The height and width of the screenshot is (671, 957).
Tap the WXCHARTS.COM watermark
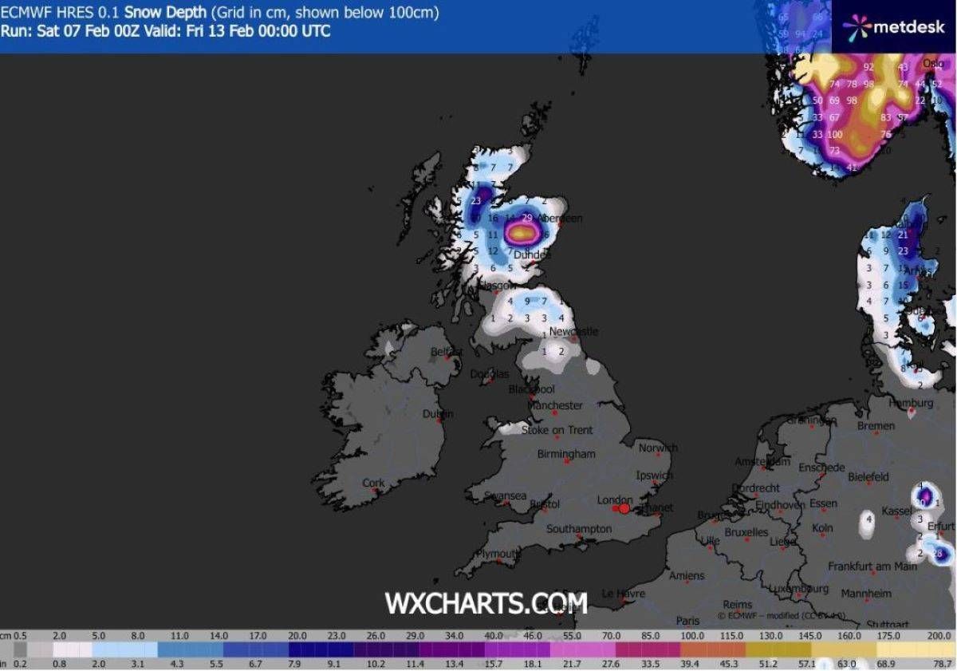click(x=486, y=602)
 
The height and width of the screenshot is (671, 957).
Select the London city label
click(x=615, y=500)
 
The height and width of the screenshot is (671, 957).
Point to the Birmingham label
click(x=566, y=454)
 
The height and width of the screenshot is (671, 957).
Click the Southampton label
click(x=579, y=529)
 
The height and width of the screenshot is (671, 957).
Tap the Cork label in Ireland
click(x=373, y=483)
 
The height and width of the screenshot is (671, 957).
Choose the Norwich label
click(x=658, y=448)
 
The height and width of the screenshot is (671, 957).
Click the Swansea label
click(x=505, y=496)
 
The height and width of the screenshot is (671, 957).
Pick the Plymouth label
click(x=498, y=554)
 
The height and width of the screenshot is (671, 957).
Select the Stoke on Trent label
click(x=557, y=430)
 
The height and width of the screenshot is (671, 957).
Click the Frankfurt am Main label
click(x=872, y=566)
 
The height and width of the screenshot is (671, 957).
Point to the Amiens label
click(x=687, y=575)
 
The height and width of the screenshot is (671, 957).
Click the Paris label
click(x=687, y=621)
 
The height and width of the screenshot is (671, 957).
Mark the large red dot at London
click(x=624, y=508)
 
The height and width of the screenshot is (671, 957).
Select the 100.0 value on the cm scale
click(x=692, y=636)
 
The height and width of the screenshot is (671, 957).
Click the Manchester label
click(x=556, y=405)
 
